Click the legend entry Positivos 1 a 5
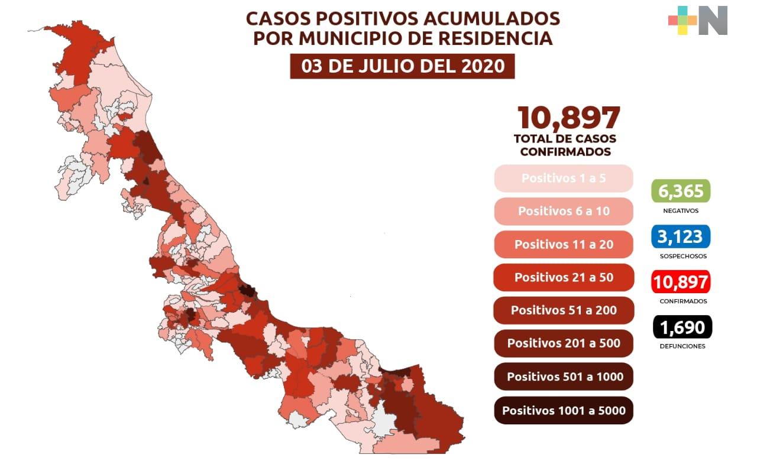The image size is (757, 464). pos(563,178)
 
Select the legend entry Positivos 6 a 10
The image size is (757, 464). pos(563,211)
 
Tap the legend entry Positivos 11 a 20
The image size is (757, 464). pos(563,244)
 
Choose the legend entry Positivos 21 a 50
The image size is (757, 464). pos(563,277)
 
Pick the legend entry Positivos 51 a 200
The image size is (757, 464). pos(563,310)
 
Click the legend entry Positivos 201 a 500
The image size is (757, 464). pos(563,343)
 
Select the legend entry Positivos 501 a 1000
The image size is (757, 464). pos(563,377)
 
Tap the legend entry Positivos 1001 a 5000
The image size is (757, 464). pos(563,410)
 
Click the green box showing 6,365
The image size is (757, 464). pos(681,191)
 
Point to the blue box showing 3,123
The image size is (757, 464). pos(681,237)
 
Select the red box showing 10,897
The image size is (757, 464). pos(681,282)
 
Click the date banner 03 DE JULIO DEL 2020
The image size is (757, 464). pos(402,66)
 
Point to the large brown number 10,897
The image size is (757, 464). pos(568,118)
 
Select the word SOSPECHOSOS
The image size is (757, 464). pos(682,257)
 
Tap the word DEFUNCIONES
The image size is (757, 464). pos(682,346)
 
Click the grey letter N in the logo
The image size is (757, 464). pos(713,21)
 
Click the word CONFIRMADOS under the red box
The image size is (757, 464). pos(682,301)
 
